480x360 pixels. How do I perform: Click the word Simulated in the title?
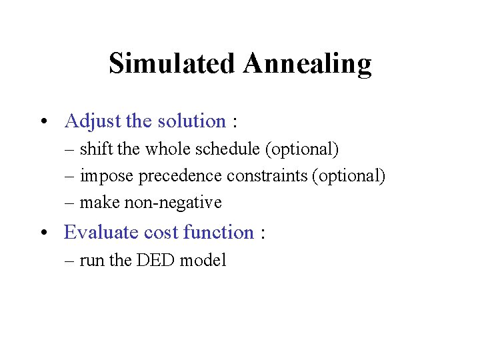pos(172,64)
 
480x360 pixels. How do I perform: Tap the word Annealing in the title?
pos(307,64)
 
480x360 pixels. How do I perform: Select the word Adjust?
pos(92,121)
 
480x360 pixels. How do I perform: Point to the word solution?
pos(191,121)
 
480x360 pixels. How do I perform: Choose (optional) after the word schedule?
pos(302,149)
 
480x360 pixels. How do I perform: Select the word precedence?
pos(181,176)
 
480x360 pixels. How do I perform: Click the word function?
pos(218,232)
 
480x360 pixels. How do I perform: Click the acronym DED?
pos(154,260)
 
